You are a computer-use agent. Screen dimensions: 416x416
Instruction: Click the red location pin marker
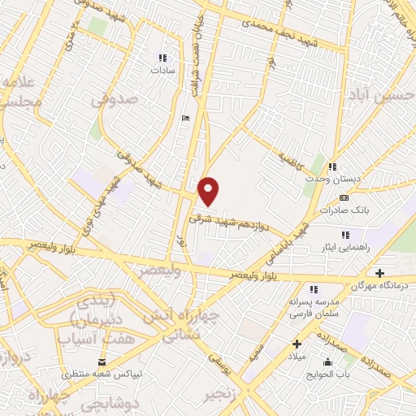point(210,191)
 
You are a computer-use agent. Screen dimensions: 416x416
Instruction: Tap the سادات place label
point(162,71)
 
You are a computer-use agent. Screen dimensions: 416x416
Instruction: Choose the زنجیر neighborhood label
point(226,393)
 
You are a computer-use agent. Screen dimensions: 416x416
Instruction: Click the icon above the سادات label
point(162,58)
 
